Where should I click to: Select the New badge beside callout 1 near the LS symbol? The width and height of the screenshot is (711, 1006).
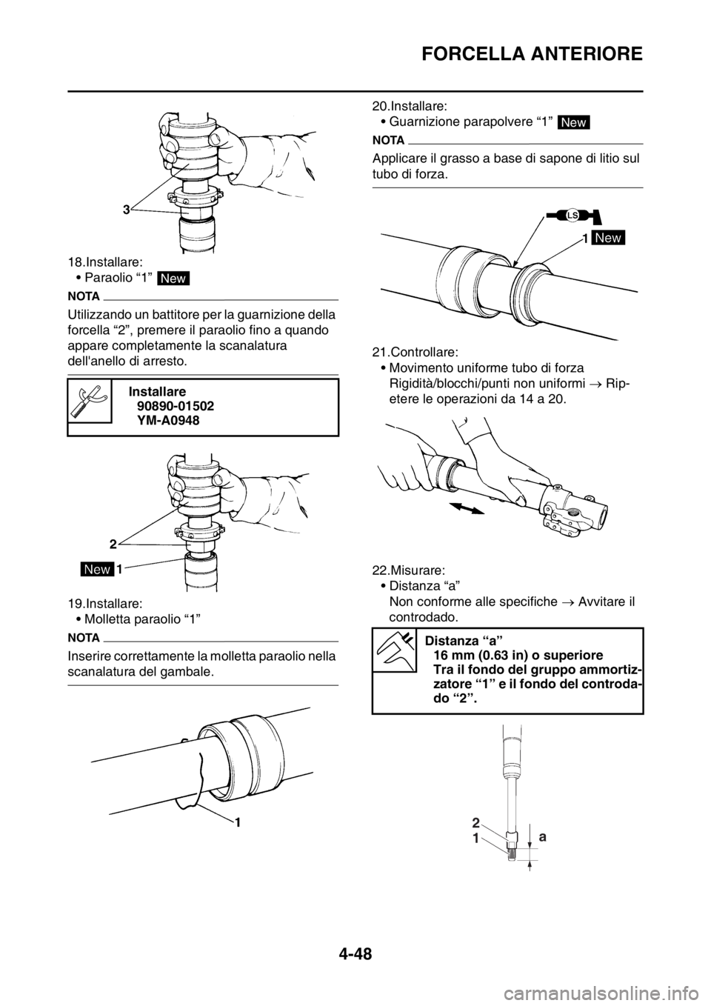pos(609,237)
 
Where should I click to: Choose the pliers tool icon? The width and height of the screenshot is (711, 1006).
pos(90,400)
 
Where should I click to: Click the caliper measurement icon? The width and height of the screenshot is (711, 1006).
pos(393,650)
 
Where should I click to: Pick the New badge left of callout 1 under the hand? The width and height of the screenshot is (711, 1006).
pos(97,569)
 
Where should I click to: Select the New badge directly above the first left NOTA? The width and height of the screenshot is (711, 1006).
pos(174,278)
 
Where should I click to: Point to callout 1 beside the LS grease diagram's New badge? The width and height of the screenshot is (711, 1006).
pos(584,237)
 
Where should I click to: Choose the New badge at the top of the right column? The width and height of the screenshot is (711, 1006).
pos(573,122)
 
